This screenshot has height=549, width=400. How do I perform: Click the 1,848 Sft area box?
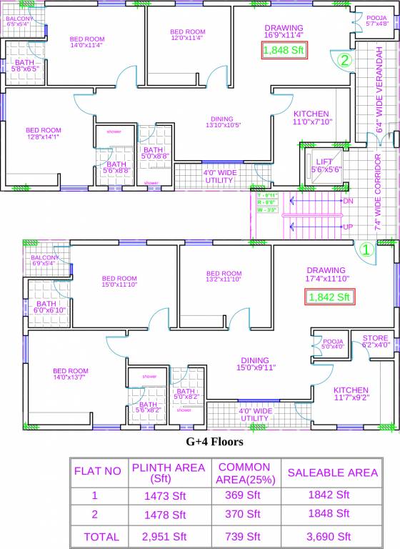[284, 51]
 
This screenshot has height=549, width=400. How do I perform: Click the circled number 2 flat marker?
[344, 61]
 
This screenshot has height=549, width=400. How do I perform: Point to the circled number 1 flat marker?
[365, 249]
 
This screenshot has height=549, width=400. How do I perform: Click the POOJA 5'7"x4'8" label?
[377, 20]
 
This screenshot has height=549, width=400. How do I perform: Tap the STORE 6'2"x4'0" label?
[376, 341]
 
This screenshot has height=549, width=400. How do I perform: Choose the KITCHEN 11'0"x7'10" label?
[311, 118]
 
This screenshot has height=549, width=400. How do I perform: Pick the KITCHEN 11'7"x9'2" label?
[351, 394]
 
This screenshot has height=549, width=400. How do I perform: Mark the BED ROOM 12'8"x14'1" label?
[44, 134]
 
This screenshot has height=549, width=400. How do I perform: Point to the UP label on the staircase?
[348, 227]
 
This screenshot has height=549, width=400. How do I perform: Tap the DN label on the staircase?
[348, 202]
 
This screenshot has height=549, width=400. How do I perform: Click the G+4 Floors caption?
[214, 442]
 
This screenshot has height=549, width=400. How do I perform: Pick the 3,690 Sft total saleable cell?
[329, 536]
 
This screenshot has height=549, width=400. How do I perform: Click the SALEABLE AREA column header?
[332, 473]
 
